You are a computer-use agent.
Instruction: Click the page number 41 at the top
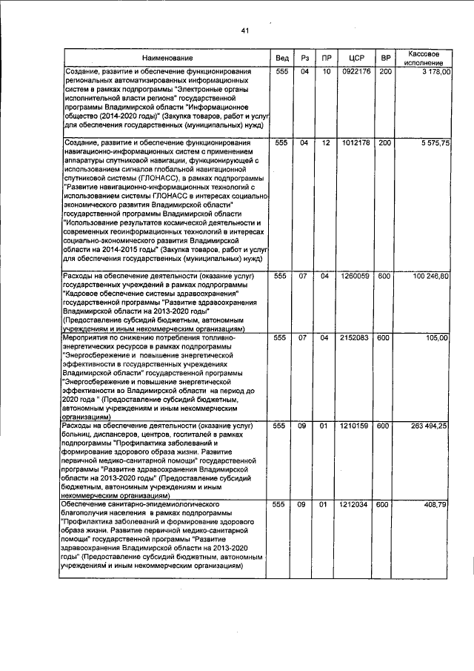[x=245, y=30]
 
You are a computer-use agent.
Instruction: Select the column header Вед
[x=282, y=58]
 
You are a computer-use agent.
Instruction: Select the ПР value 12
[x=326, y=142]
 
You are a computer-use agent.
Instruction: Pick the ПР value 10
[x=326, y=71]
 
